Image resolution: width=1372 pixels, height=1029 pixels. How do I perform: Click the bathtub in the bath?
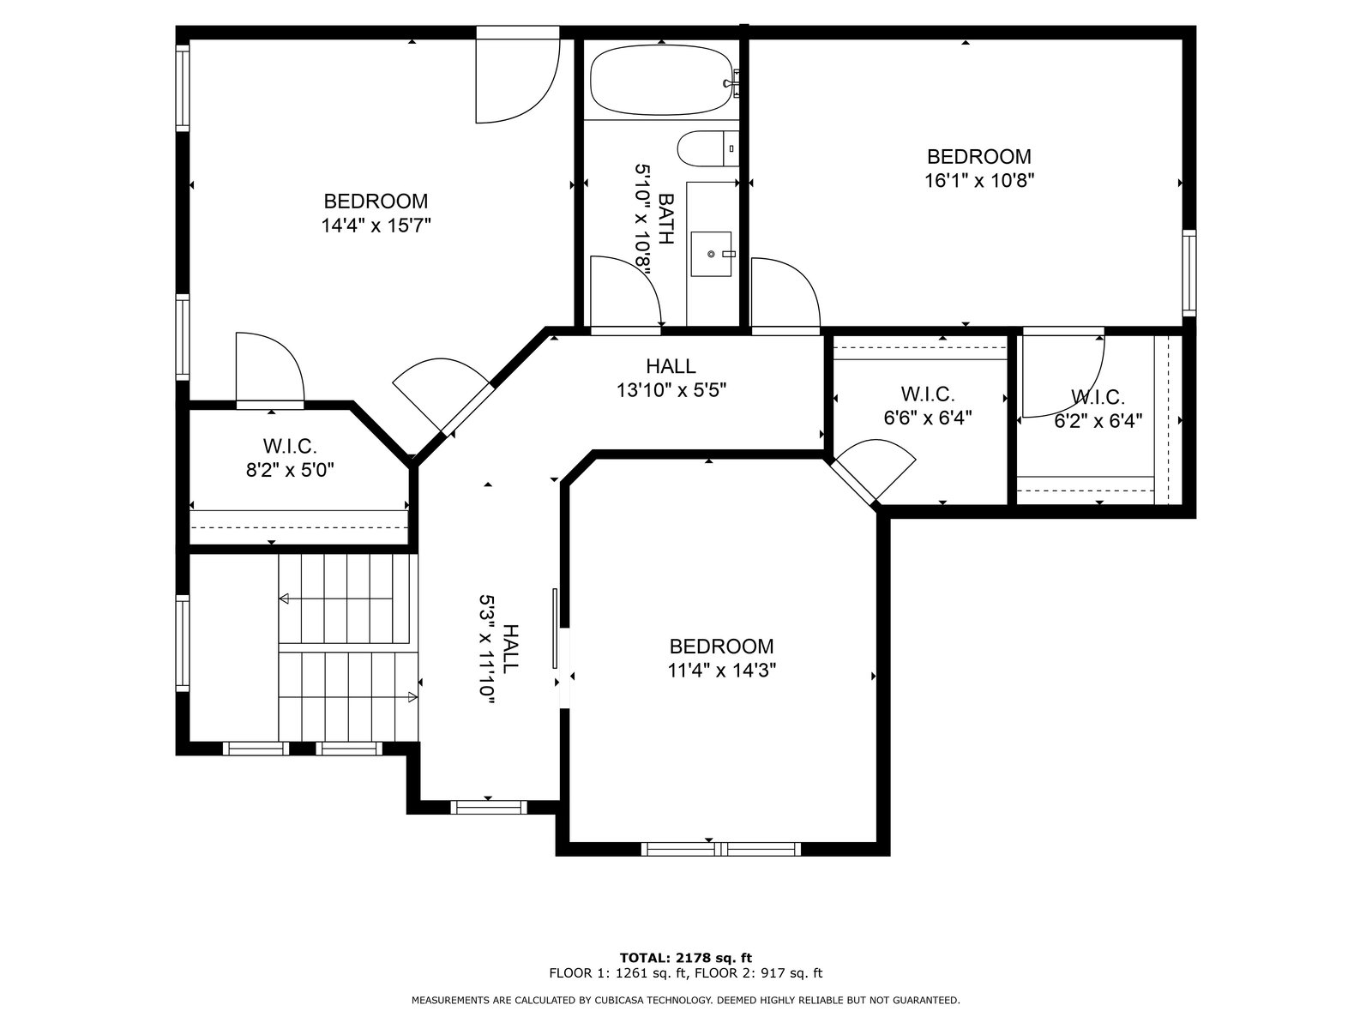(x=660, y=80)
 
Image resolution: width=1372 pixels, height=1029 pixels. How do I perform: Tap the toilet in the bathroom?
(x=707, y=148)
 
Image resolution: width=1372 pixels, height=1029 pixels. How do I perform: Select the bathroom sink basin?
(x=711, y=254)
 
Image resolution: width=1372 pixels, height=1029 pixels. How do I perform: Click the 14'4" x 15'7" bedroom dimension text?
(x=376, y=225)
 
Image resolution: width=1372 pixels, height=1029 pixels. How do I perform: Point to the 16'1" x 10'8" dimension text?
(x=979, y=181)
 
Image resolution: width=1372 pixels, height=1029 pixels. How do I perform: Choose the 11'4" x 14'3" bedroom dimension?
(x=721, y=671)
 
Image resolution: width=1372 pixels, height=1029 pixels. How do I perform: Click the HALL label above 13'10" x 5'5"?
(x=671, y=366)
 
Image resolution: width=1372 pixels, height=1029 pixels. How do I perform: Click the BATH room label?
(x=667, y=219)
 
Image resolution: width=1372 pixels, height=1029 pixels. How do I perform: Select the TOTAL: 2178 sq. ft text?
(x=686, y=957)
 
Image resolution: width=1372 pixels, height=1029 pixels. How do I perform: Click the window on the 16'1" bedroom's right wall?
(x=1189, y=273)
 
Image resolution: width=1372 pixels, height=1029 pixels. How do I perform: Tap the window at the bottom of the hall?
(x=488, y=807)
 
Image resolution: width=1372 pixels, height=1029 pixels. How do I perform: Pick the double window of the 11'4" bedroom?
(x=720, y=849)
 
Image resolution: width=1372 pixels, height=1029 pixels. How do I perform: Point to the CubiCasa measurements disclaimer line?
(x=686, y=1000)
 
